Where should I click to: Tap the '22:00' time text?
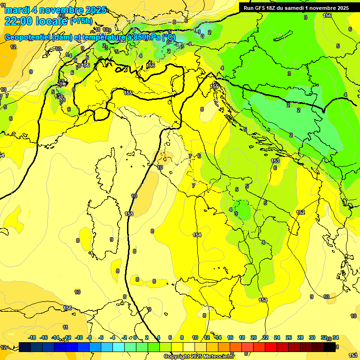(x=18, y=21)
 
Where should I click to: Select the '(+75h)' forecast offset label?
(x=82, y=21)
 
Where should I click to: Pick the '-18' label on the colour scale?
(x=32, y=338)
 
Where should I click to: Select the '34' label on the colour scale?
(x=336, y=338)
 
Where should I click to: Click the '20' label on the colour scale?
(x=254, y=338)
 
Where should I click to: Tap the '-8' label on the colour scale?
(x=89, y=338)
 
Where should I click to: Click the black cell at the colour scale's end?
(x=330, y=347)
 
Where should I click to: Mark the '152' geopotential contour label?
(x=300, y=212)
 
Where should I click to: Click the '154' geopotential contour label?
(x=197, y=235)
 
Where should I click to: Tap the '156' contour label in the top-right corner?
(x=327, y=15)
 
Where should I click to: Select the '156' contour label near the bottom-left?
(x=68, y=308)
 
